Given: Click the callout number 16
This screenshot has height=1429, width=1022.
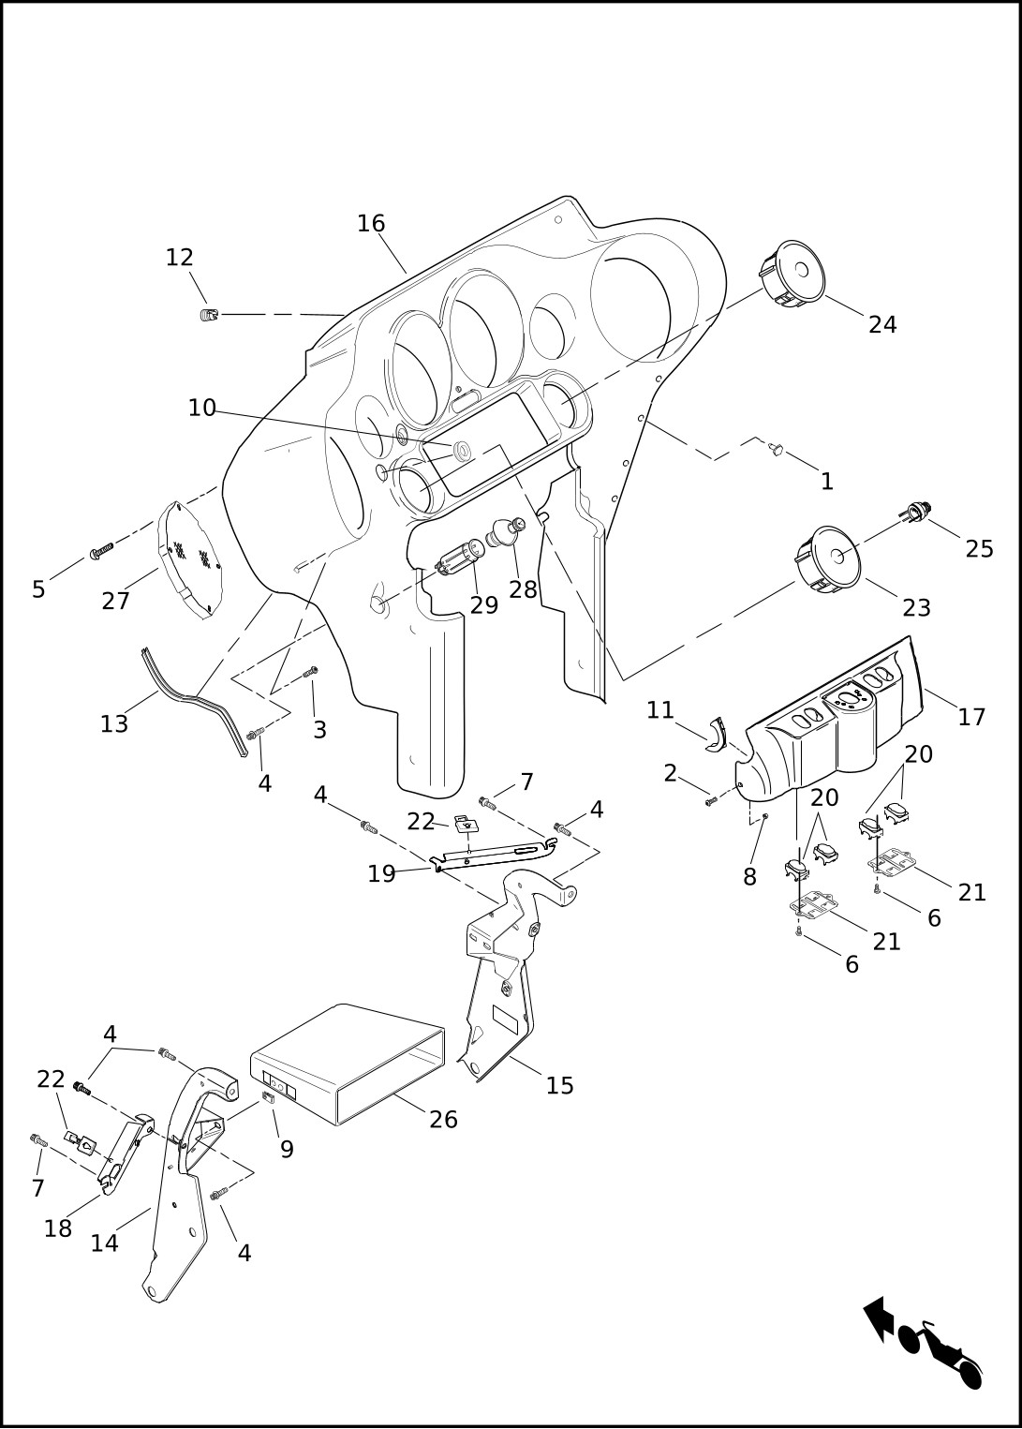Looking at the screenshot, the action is pos(371,224).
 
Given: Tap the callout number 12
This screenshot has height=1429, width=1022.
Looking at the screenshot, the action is pos(179,258).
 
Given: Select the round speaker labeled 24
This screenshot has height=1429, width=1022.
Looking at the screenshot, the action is pos(792,274).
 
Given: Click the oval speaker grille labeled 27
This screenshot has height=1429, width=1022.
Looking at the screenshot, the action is pos(190,558).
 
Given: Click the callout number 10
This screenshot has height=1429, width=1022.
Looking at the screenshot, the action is pos(202,409).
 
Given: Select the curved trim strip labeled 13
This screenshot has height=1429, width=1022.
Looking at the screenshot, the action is pos(194,701).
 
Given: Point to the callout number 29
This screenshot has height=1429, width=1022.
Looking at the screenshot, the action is pos(484,605).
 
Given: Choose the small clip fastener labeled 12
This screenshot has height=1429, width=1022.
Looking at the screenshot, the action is pos(208,315).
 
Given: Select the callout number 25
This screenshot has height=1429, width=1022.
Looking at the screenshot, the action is pos(979,549).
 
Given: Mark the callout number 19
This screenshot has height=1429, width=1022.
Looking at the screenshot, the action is pos(382,874).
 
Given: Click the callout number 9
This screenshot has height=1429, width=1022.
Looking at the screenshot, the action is pos(287,1150).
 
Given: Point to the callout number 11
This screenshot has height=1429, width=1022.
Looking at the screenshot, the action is pos(660,710).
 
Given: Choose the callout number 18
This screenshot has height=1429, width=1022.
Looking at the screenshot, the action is pos(58,1228).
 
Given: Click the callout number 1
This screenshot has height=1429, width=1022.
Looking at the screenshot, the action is pos(827,482).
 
